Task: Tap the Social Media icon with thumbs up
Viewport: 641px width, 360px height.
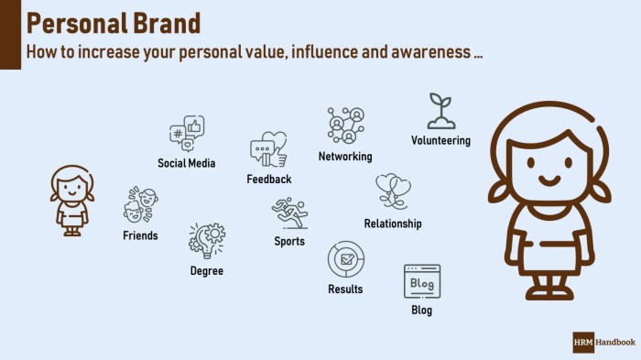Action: (187, 134)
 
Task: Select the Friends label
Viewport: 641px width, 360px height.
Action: (140, 235)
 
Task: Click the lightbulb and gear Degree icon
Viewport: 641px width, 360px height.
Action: (206, 241)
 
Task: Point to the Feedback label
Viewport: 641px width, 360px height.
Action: (268, 180)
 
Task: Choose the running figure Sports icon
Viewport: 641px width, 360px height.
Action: (289, 213)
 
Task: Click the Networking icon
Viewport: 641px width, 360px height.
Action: (346, 125)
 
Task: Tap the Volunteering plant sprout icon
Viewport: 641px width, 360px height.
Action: (440, 111)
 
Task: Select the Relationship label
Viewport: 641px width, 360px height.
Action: (393, 224)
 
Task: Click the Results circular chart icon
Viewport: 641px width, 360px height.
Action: (345, 260)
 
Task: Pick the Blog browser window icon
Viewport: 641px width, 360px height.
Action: (421, 282)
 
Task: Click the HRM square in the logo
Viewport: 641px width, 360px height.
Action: (583, 343)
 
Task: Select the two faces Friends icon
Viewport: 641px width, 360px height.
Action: (140, 205)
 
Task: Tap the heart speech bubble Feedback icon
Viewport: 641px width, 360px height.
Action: (267, 148)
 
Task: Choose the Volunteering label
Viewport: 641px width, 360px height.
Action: (440, 141)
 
